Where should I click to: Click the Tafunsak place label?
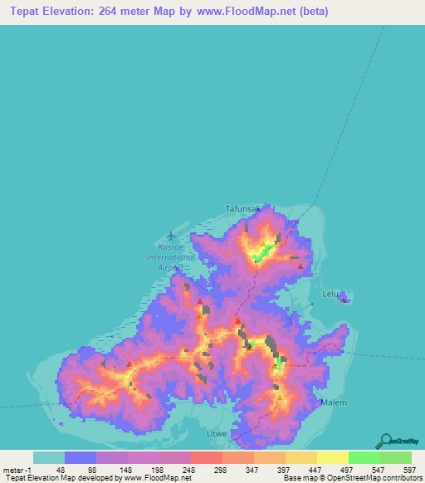pos(243,209)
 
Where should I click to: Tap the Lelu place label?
pos(330,294)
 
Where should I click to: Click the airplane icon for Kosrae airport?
pos(171,236)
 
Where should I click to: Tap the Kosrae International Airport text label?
pos(171,252)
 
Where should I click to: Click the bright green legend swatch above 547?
pos(364,457)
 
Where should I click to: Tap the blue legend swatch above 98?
pos(81,457)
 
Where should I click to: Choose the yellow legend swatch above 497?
pos(332,457)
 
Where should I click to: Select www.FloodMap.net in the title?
pos(258,12)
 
